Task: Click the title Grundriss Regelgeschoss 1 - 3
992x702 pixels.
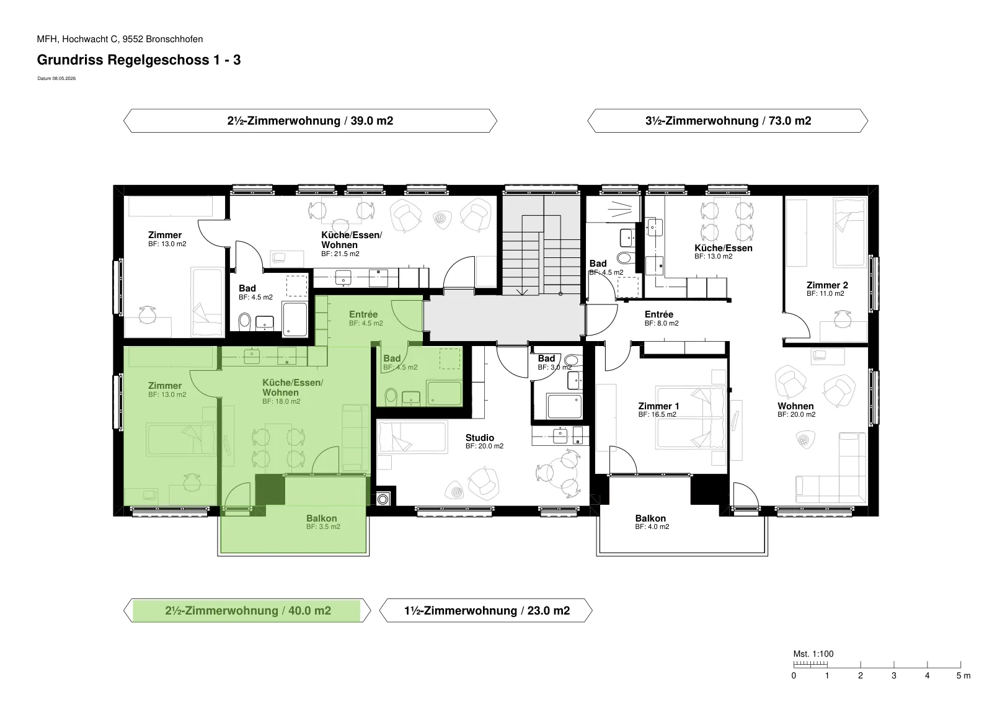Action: pos(139,60)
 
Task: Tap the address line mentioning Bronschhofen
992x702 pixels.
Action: pos(120,39)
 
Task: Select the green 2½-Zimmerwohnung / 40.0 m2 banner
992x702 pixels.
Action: pos(247,611)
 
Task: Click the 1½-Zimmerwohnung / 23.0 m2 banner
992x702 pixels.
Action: pos(486,611)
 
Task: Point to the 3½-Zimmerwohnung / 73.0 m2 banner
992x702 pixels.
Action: pos(728,121)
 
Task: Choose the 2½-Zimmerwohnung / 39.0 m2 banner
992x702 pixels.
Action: pos(310,121)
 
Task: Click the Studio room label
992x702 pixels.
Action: pos(480,438)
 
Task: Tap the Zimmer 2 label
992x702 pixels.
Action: pos(827,285)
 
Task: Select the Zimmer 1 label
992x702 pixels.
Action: pos(658,406)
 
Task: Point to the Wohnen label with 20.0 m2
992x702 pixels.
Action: pos(795,406)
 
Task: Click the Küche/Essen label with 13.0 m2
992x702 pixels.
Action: pos(723,248)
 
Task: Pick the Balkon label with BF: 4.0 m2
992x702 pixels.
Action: pos(650,518)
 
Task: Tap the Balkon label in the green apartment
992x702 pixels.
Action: pos(322,518)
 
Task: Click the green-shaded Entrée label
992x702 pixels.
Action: pos(363,314)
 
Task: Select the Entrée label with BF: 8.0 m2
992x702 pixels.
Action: pos(659,314)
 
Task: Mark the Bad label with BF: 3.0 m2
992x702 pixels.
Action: pos(546,358)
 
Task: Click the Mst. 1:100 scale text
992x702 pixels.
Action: pos(813,654)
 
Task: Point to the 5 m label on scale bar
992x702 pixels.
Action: pos(963,676)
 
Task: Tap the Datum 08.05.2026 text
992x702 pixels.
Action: pos(56,78)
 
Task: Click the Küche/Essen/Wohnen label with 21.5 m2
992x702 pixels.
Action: pos(352,240)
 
